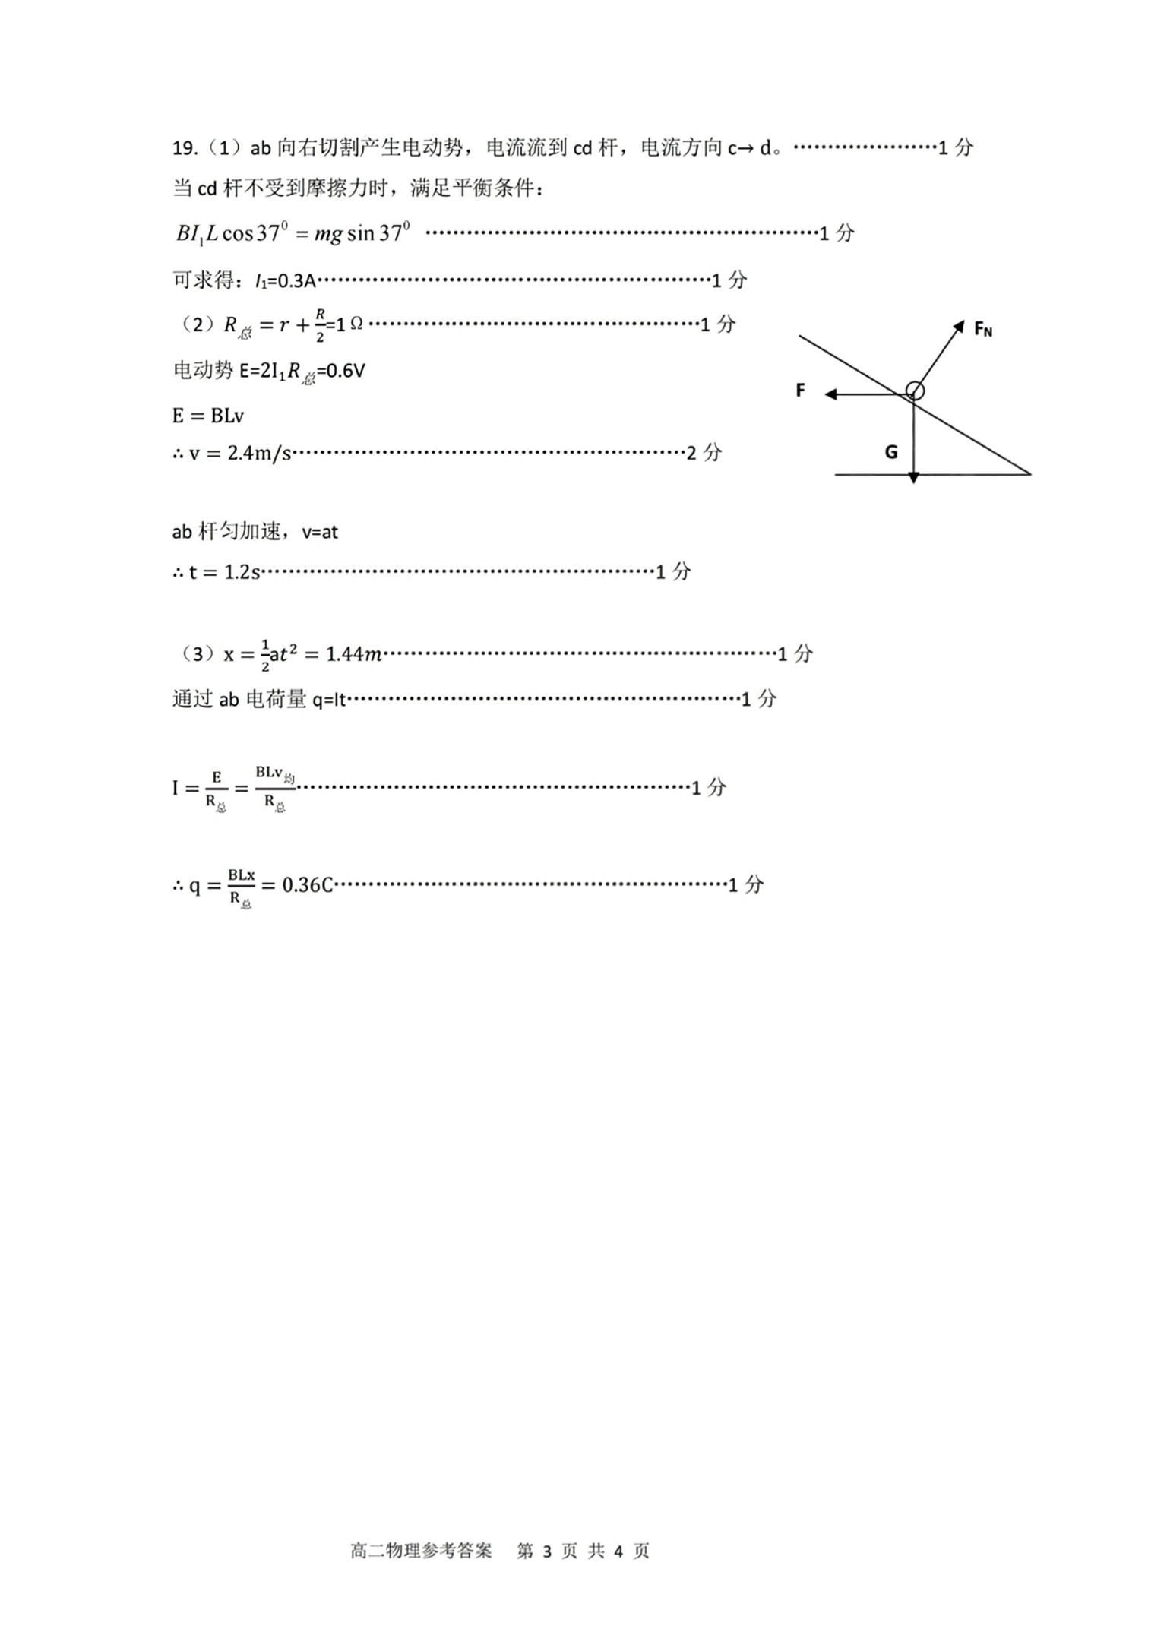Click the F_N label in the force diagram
pos(982,329)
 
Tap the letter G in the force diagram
pos(891,452)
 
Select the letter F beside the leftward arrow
pos(800,391)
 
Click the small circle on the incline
pos(916,391)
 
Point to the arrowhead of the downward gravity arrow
pos(914,477)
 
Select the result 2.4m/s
pos(259,454)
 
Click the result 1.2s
pos(242,572)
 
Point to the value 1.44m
pos(353,654)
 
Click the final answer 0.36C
pos(307,885)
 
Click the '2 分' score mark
pos(704,453)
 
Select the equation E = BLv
pos(207,416)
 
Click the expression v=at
pos(319,532)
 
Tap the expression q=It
pos(328,700)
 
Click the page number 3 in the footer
pos(547,1551)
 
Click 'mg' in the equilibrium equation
pos(328,234)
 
